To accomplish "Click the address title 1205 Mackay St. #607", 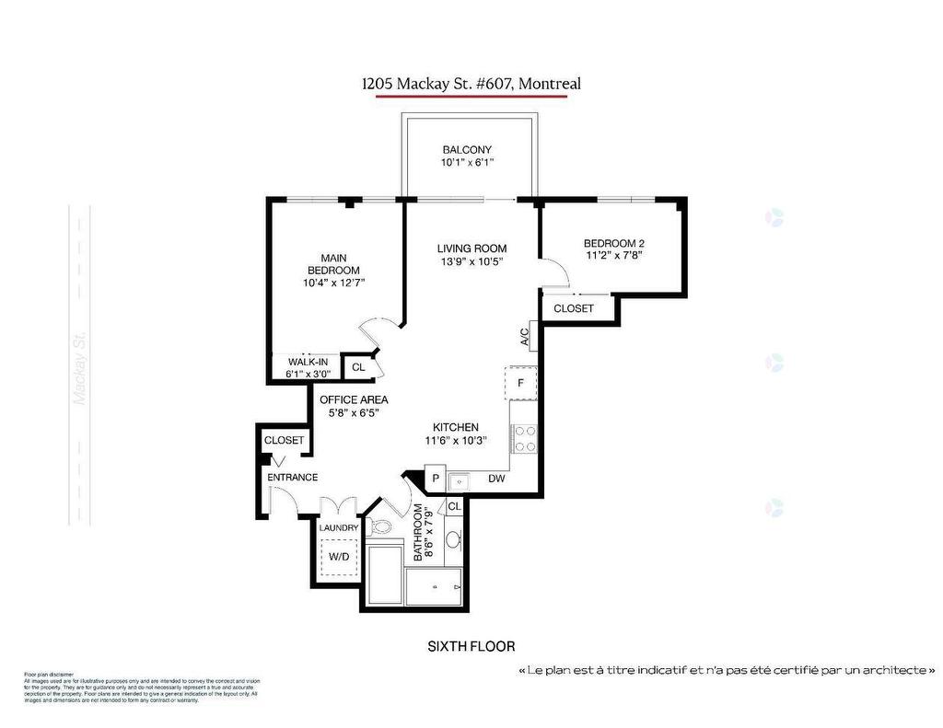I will (471, 84).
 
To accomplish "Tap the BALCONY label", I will (467, 150).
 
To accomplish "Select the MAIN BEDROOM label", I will (332, 263).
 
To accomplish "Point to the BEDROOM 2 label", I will (613, 244).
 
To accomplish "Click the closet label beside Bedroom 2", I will (574, 308).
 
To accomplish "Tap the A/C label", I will (525, 338).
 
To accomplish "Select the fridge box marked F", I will (521, 383).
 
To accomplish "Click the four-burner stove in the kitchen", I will (524, 439).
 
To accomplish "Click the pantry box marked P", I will (436, 480).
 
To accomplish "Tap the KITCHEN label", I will (456, 427).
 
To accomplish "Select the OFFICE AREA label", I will (354, 399).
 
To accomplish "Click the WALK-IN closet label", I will (308, 362).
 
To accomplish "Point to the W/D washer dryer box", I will (339, 557).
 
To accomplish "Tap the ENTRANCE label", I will (293, 477).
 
